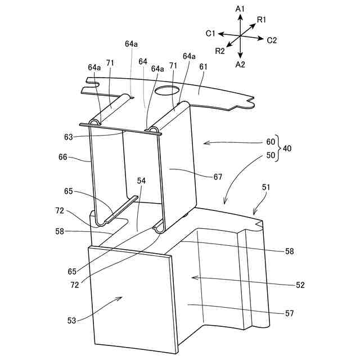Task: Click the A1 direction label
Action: [240, 8]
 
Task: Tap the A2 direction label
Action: [240, 65]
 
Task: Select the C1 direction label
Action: [210, 34]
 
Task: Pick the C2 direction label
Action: [272, 40]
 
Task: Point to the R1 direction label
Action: [262, 20]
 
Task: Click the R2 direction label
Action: [220, 52]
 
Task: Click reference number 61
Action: [202, 66]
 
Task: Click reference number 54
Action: [141, 181]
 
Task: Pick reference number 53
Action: [72, 320]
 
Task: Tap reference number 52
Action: [299, 285]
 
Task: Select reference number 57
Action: [289, 313]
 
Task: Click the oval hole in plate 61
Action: [168, 90]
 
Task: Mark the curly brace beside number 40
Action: [280, 149]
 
